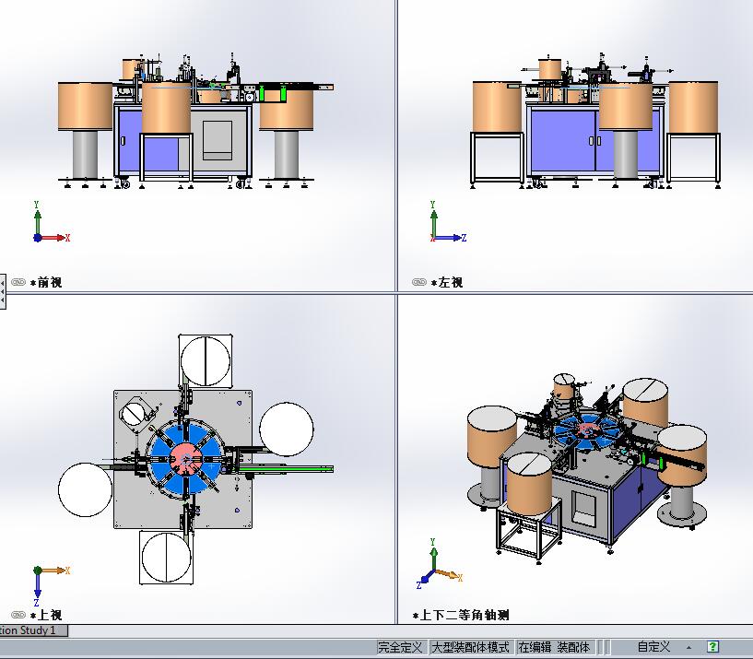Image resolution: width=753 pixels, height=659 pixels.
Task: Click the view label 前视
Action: click(50, 282)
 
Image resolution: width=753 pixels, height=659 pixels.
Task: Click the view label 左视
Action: click(451, 282)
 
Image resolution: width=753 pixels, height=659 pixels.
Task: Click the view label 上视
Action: click(50, 615)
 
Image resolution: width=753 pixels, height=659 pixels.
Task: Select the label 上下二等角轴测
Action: click(465, 615)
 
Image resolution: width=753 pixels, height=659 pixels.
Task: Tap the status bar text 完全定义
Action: click(400, 647)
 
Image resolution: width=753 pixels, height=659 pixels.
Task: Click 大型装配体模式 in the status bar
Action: click(471, 647)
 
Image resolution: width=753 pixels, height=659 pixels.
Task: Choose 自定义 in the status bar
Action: click(653, 647)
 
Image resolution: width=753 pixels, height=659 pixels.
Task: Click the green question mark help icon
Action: click(712, 646)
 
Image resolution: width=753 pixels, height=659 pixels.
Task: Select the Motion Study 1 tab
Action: click(32, 630)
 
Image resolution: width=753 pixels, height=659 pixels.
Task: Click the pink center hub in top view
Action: click(185, 460)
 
